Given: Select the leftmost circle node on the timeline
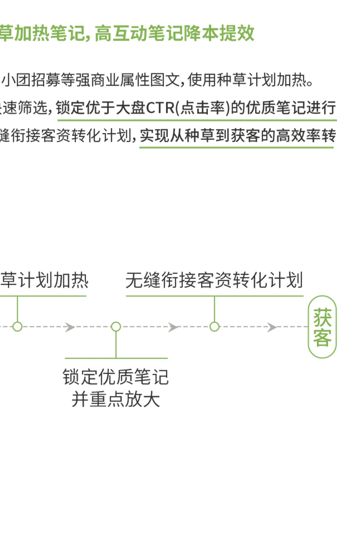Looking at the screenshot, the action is [17, 326].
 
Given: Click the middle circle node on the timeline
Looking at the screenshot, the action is [116, 326].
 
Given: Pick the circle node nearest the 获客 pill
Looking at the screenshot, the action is [214, 326].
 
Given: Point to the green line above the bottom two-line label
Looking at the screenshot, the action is [117, 358].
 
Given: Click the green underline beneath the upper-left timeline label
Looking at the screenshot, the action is [44, 295].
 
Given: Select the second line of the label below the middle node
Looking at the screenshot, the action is [116, 399].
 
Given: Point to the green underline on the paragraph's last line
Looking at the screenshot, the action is [237, 146].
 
